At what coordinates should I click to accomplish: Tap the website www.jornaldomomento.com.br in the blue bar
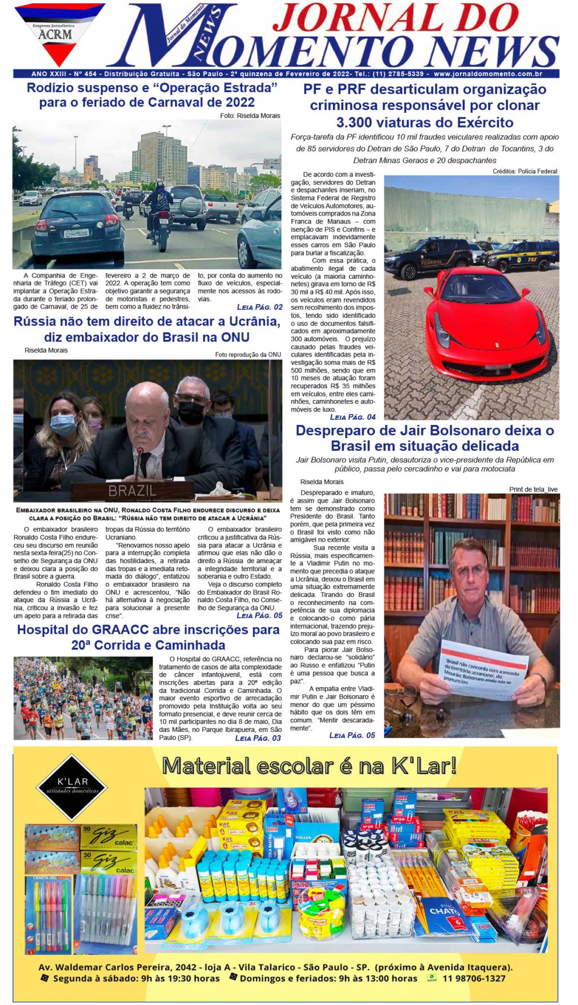[488, 74]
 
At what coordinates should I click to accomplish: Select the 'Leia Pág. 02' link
[260, 307]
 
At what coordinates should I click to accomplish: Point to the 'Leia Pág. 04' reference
[353, 417]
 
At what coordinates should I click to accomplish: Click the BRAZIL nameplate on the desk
[132, 490]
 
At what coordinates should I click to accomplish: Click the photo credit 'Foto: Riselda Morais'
[250, 116]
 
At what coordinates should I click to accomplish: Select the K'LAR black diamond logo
[72, 786]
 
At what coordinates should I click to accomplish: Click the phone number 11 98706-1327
[474, 978]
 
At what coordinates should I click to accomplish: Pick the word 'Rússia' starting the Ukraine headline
[34, 322]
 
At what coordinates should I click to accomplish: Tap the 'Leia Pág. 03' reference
[257, 738]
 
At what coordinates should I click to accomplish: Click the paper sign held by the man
[484, 671]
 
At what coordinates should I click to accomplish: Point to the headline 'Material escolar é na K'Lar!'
[309, 766]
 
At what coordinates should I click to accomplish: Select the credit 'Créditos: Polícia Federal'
[524, 171]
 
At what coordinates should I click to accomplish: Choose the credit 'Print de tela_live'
[533, 489]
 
